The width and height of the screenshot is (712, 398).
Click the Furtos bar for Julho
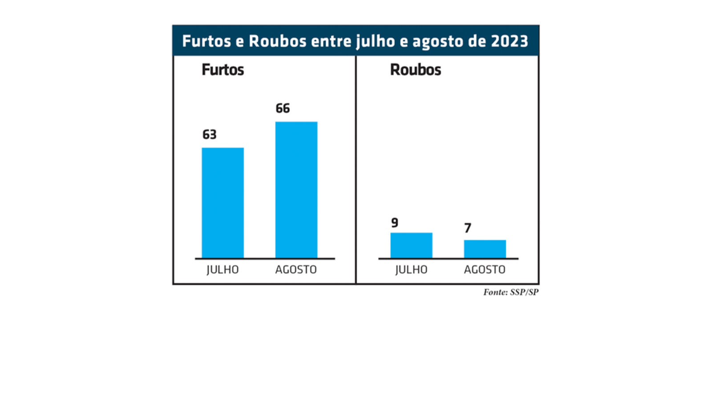[x=222, y=203]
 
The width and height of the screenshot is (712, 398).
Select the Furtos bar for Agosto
[x=296, y=190]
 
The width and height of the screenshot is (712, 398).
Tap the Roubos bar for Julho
[x=411, y=245]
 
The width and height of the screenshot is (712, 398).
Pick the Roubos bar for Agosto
[x=485, y=249]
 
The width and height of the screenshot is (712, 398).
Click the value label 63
[x=209, y=134]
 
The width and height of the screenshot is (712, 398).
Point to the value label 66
[x=283, y=108]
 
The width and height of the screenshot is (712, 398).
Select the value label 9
[x=395, y=223]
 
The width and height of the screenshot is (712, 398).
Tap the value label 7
[x=467, y=228]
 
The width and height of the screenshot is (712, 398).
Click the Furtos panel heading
[x=222, y=70]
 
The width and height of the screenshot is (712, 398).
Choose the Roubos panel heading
[x=415, y=70]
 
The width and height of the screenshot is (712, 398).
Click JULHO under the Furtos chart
[x=222, y=270]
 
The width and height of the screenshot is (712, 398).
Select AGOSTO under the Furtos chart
[x=296, y=270]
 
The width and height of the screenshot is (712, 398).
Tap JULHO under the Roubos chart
[x=411, y=270]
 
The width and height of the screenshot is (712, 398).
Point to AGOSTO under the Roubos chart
[x=485, y=270]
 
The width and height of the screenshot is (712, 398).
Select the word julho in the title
[x=375, y=41]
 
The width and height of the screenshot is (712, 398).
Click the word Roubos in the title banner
[x=277, y=41]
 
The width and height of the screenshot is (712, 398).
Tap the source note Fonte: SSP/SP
[x=511, y=292]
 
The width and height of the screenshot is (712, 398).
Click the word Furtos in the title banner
[x=206, y=41]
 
